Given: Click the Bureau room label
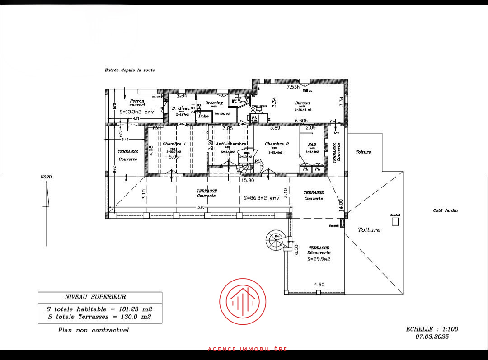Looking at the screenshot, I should coord(302,103).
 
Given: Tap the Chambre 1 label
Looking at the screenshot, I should coord(174,144).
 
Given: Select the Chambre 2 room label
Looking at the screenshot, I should coord(277,144).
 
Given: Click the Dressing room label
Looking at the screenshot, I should coord(214,103).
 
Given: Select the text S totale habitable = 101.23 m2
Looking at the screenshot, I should coord(99,309).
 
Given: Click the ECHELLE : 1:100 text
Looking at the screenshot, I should coord(432,329).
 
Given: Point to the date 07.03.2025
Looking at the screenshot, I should coord(432,337).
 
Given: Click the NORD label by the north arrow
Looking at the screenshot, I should coord(46,177).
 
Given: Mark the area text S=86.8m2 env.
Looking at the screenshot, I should coord(263,198).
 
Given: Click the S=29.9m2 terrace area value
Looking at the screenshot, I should coord(319,259).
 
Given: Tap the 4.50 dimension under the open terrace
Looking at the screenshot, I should coord(320,285).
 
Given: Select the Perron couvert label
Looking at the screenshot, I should coord(137,103).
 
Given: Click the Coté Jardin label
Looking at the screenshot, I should coord(446,210).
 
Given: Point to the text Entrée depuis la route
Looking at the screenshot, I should coord(130,70).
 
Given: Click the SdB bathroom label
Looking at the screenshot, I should coord(312,145).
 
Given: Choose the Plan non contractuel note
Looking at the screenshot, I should coord(94,330).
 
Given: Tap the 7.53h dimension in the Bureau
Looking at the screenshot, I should coord(296,86).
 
